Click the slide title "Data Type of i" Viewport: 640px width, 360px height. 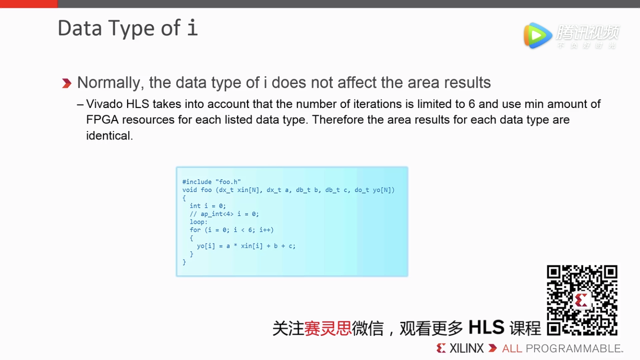point(127,28)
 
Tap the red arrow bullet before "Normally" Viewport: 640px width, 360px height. point(67,84)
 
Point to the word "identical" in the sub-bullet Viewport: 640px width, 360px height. point(108,136)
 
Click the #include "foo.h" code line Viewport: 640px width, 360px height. point(212,182)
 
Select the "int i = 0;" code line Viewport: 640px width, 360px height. point(208,206)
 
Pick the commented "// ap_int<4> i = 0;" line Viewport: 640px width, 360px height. point(224,214)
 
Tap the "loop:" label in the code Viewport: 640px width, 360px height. point(199,222)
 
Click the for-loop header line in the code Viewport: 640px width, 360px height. point(232,230)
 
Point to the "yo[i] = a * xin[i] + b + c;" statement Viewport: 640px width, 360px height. point(246,246)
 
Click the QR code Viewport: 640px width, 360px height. point(582,300)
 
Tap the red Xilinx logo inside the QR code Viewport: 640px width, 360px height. point(581,301)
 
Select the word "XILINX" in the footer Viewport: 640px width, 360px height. point(466,348)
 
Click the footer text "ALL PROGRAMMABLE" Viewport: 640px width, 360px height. point(561,348)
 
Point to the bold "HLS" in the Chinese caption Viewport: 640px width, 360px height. point(486,328)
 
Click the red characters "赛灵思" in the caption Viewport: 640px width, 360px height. point(328,328)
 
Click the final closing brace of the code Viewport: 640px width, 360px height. point(184,262)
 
